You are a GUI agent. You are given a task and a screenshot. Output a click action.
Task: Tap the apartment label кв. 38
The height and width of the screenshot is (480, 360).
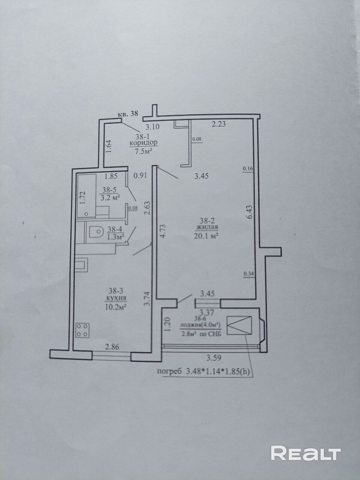(x=128, y=114)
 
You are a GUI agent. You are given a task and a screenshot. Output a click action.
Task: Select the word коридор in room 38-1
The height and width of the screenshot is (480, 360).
(x=144, y=143)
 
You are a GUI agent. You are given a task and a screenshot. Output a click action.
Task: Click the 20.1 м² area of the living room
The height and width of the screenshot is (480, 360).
(x=207, y=236)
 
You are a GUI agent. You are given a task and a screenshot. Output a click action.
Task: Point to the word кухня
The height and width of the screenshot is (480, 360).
(x=116, y=298)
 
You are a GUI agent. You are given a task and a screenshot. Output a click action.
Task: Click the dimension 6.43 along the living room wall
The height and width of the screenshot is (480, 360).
(x=250, y=211)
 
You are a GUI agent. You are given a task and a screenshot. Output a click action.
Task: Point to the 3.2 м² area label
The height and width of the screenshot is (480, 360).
(x=110, y=198)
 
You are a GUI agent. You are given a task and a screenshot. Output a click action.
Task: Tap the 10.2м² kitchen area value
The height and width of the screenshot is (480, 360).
(x=116, y=307)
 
